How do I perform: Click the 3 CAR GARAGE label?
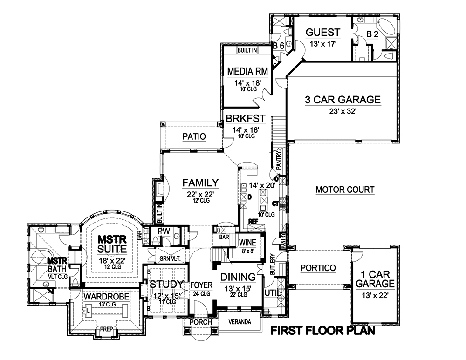pyautogui.click(x=343, y=100)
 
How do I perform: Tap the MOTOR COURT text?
pyautogui.click(x=345, y=190)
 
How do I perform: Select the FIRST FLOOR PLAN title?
pyautogui.click(x=323, y=331)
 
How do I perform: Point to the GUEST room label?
pyautogui.click(x=322, y=32)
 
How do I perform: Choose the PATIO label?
pyautogui.click(x=194, y=136)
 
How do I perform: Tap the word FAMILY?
pyautogui.click(x=200, y=182)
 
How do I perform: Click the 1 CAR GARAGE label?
pyautogui.click(x=375, y=278)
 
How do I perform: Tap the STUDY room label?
pyautogui.click(x=166, y=284)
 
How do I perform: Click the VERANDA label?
pyautogui.click(x=240, y=322)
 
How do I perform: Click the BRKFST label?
pyautogui.click(x=246, y=119)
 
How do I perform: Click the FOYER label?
pyautogui.click(x=201, y=285)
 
